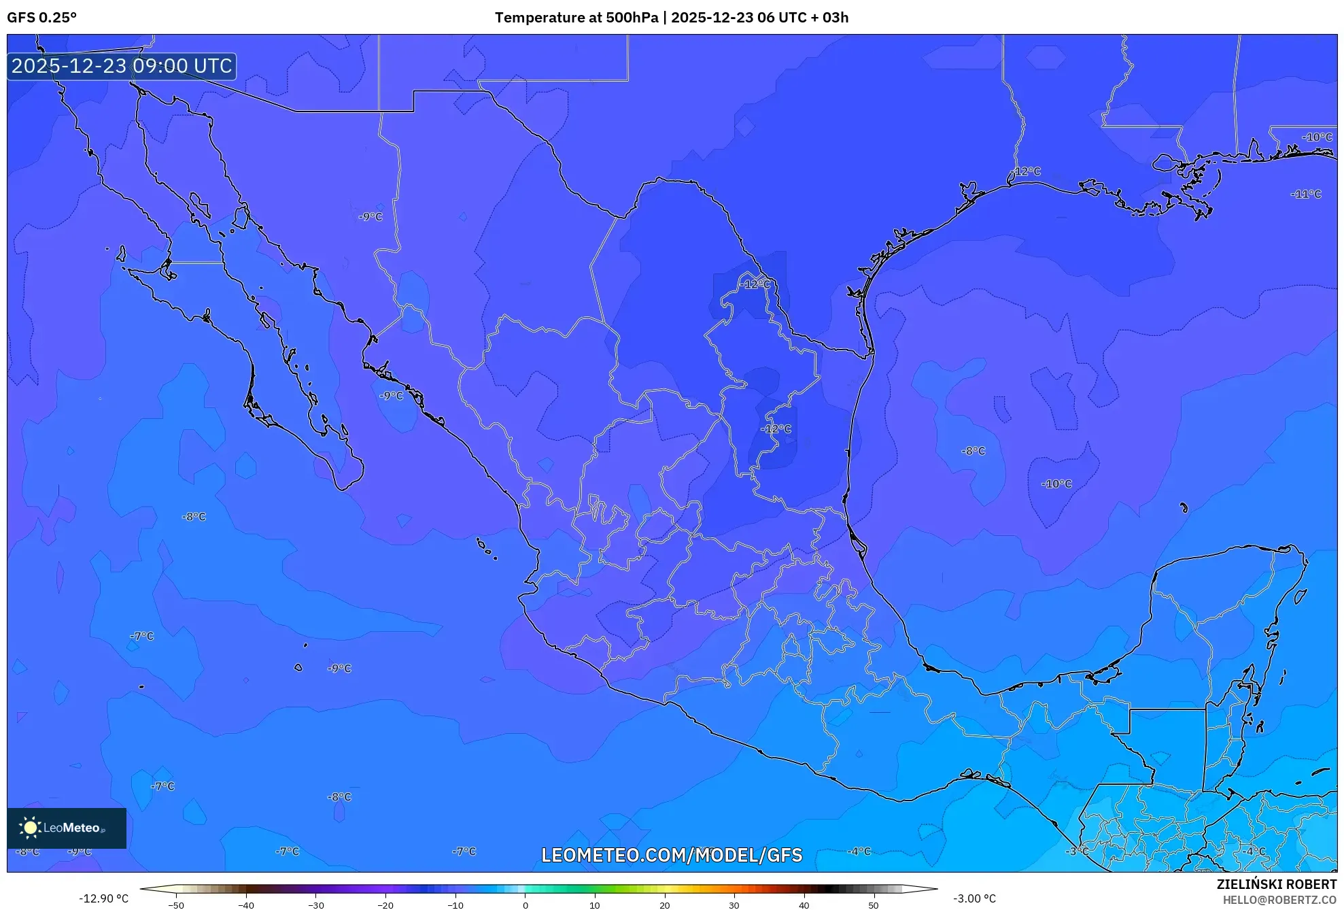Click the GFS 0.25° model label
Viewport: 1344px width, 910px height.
(41, 18)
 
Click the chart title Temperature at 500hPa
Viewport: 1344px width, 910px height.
(576, 18)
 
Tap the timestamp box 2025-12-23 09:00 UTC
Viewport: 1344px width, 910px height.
(122, 66)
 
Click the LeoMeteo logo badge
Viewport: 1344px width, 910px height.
(67, 828)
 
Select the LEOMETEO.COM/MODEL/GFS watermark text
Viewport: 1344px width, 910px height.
(672, 855)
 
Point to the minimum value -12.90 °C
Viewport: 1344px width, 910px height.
(103, 898)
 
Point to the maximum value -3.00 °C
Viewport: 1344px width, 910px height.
(974, 898)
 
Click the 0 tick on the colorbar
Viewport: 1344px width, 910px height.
(525, 905)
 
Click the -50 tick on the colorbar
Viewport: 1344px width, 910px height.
(176, 905)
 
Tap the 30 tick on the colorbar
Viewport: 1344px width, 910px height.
(734, 905)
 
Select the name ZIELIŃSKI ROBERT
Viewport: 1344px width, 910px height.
(1276, 884)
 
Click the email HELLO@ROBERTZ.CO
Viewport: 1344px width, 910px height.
(1279, 900)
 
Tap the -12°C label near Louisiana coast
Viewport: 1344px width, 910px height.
(1027, 171)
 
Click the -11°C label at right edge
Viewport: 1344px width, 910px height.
(1306, 194)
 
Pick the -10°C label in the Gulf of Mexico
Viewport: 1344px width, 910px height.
(1056, 484)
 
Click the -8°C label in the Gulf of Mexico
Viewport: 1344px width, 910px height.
(973, 451)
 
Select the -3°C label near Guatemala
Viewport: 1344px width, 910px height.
(1077, 852)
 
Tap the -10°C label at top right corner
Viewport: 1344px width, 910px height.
(1317, 137)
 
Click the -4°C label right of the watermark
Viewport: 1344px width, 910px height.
(859, 852)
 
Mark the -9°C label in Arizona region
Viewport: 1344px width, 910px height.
(371, 217)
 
